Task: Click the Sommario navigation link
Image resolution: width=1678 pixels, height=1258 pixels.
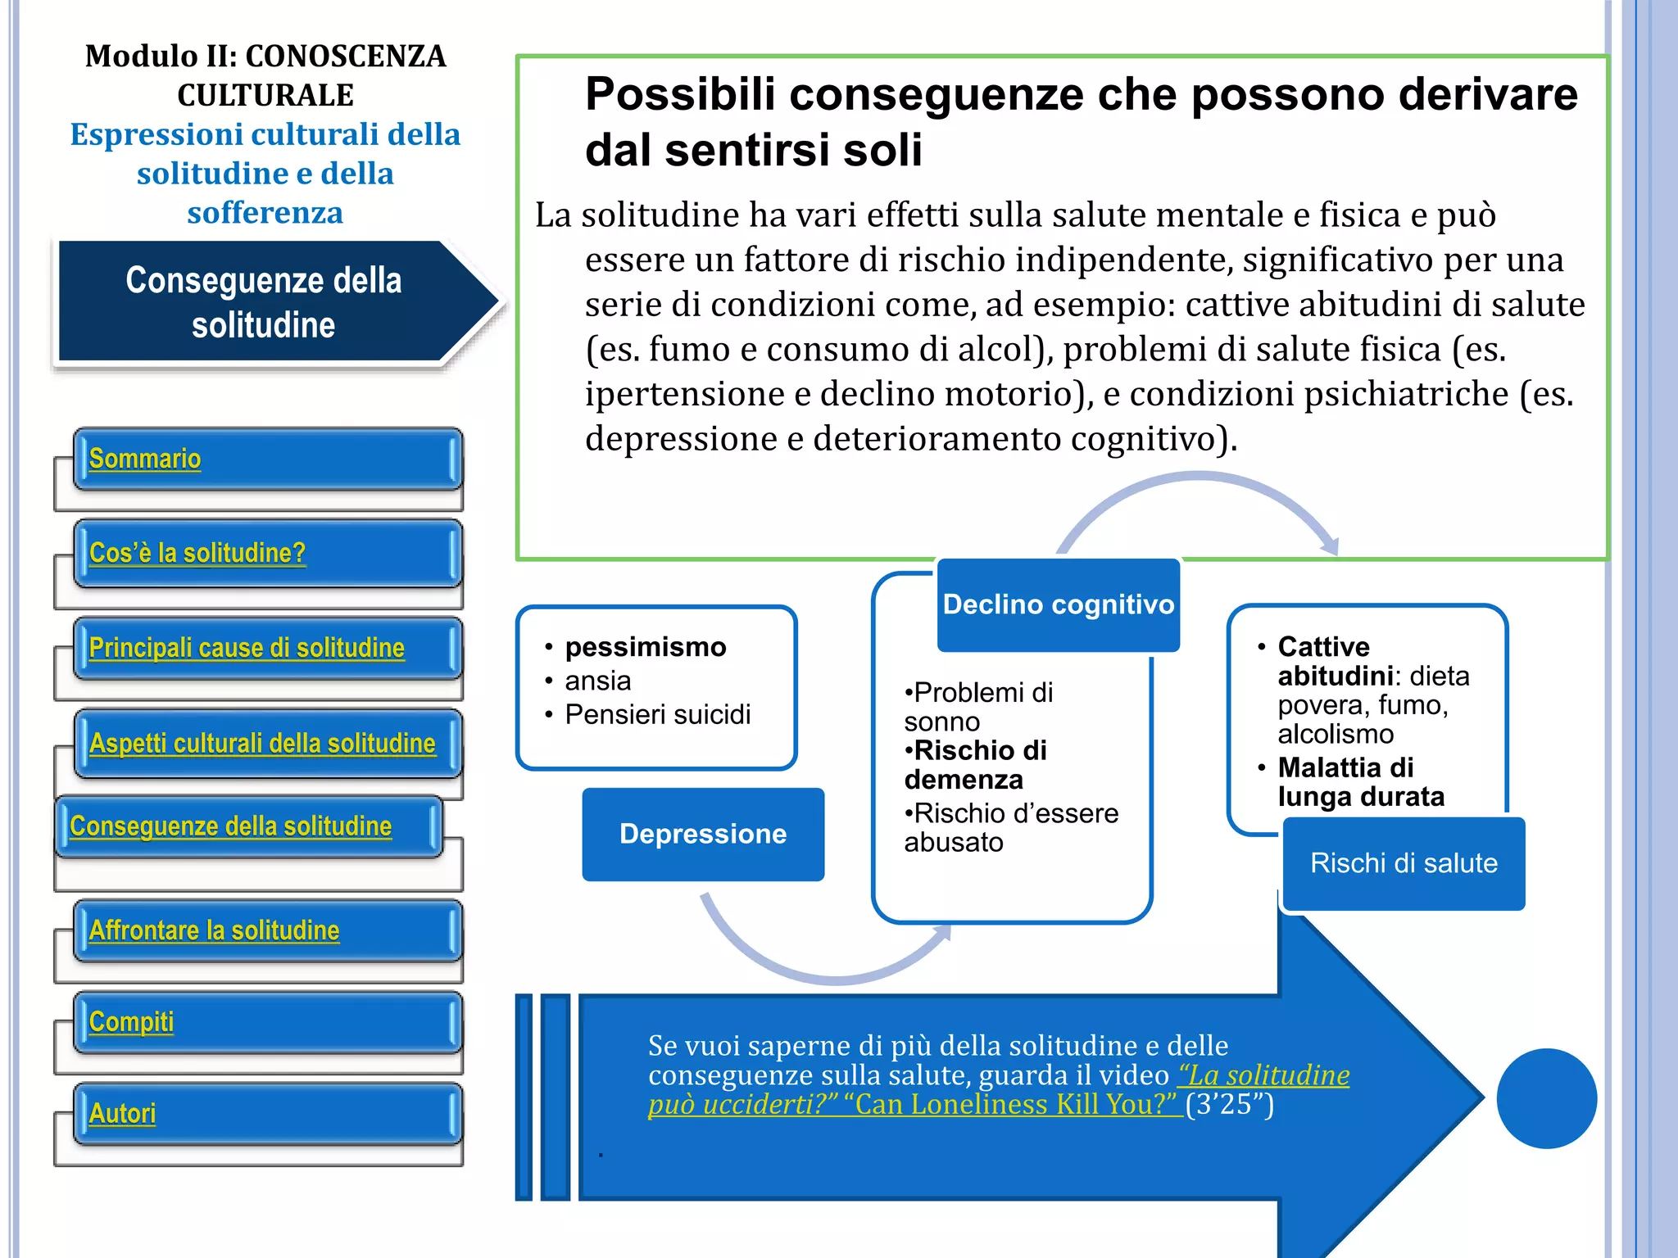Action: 145,459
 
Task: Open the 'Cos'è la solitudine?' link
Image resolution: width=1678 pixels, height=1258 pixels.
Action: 197,553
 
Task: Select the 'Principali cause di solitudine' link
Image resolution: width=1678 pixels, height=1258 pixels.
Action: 247,648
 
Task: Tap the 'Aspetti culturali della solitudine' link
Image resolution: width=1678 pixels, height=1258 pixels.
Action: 262,743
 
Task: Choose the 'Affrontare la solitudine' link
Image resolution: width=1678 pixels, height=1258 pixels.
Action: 214,930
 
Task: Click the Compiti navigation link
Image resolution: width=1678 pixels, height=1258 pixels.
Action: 131,1022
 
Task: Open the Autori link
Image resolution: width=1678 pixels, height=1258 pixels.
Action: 122,1114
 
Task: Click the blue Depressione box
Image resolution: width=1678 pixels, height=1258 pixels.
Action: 703,834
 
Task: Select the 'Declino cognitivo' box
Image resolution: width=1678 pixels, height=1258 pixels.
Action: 1058,604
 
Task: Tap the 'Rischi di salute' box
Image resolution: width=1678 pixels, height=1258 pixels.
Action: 1404,863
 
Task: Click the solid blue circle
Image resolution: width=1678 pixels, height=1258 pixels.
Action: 1546,1098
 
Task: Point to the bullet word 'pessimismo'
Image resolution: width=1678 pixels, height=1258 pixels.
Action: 645,647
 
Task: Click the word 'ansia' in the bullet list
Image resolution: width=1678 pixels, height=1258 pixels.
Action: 597,681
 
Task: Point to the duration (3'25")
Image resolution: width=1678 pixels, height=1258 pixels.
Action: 1229,1104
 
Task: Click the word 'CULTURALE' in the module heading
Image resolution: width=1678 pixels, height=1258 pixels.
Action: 265,95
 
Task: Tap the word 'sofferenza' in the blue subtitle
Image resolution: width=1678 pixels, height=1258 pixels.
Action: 265,213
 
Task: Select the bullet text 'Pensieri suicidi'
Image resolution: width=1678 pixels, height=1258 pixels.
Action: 657,714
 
